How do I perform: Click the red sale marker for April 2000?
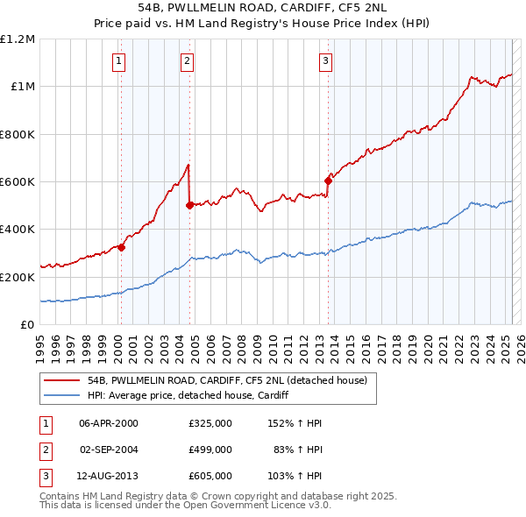(x=122, y=247)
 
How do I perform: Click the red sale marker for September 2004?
(x=189, y=206)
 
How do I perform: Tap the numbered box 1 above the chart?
(x=118, y=60)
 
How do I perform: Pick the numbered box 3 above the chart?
(x=325, y=60)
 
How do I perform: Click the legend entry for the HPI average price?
(x=188, y=396)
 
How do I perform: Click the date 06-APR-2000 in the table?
(x=109, y=423)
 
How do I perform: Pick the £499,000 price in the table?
(x=210, y=450)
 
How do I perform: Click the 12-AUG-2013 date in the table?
(x=109, y=476)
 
